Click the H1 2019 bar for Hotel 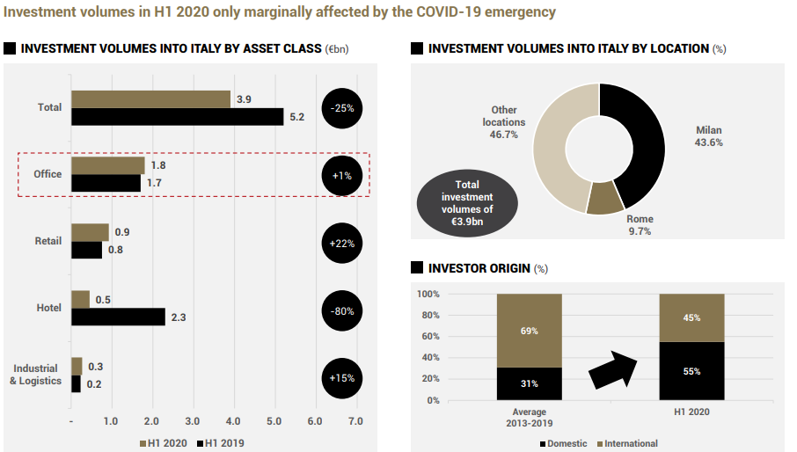pos(118,317)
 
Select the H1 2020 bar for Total pos(150,98)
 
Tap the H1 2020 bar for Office pos(108,165)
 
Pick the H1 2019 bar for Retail pos(86,250)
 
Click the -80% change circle pos(342,309)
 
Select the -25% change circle pos(342,108)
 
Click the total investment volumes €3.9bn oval pos(467,203)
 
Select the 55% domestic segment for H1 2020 pos(691,371)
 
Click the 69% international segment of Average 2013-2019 pos(529,330)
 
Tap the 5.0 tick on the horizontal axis pos(274,421)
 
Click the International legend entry pos(627,443)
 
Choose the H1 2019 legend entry pos(221,442)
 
